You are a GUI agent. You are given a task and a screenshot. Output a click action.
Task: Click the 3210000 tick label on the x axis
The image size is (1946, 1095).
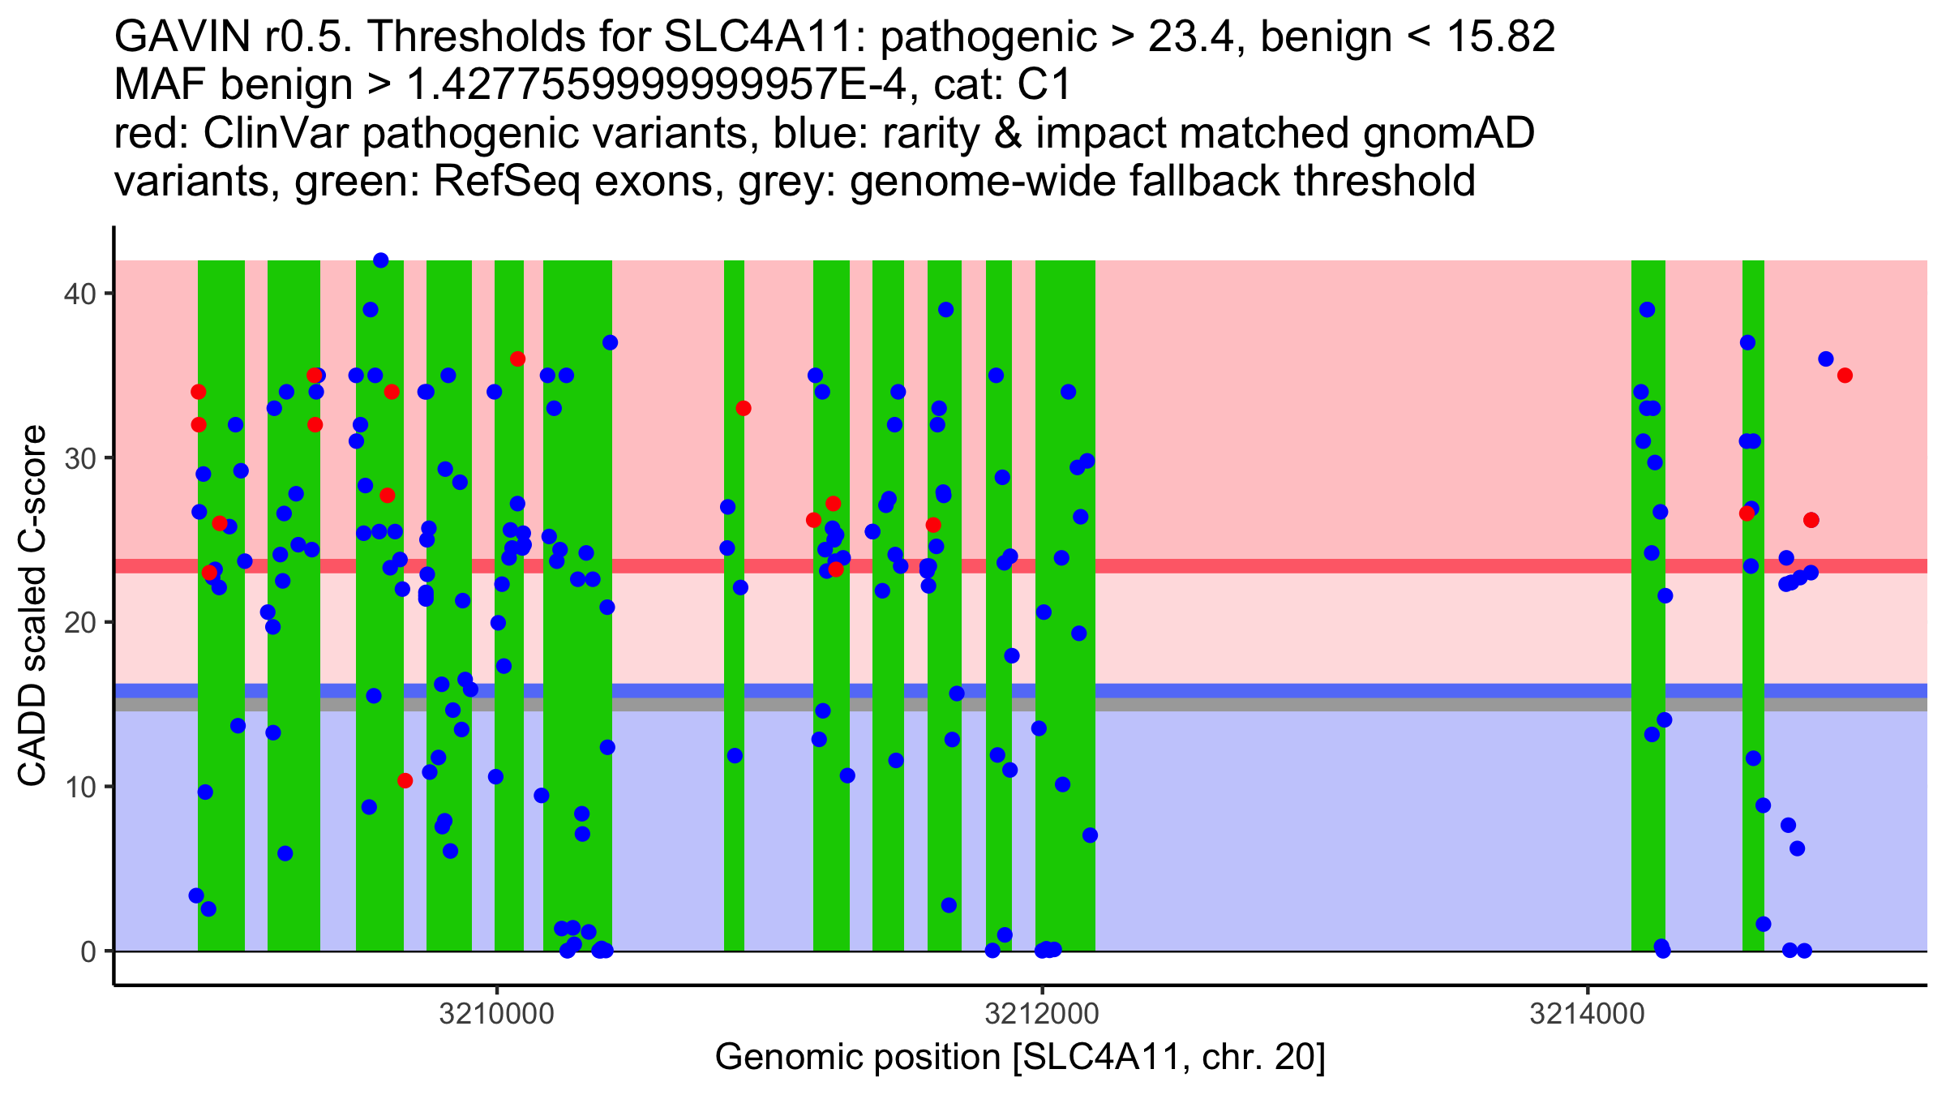tap(496, 1015)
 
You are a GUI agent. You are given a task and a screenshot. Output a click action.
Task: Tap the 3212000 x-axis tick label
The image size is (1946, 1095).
tap(1042, 1015)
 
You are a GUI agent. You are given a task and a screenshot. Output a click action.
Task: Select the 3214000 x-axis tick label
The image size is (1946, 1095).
tap(1587, 1015)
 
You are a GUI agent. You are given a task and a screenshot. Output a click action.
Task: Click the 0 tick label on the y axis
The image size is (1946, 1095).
tap(88, 951)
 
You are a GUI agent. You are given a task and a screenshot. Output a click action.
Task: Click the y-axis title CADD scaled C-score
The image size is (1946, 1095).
tap(32, 606)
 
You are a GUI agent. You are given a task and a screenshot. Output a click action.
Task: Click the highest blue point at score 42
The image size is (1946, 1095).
tap(380, 260)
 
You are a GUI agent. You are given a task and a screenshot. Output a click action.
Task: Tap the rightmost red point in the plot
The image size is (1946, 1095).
tap(1845, 376)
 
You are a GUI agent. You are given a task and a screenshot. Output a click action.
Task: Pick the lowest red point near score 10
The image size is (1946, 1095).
tap(405, 780)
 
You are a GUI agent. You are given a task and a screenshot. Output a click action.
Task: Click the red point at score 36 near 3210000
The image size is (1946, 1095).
tap(517, 359)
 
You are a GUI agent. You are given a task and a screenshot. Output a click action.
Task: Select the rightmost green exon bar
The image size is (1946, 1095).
tap(1753, 605)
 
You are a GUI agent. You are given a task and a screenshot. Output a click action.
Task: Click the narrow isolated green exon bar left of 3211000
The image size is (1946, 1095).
tap(734, 605)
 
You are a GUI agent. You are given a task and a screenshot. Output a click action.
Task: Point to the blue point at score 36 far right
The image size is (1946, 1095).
tap(1826, 359)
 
